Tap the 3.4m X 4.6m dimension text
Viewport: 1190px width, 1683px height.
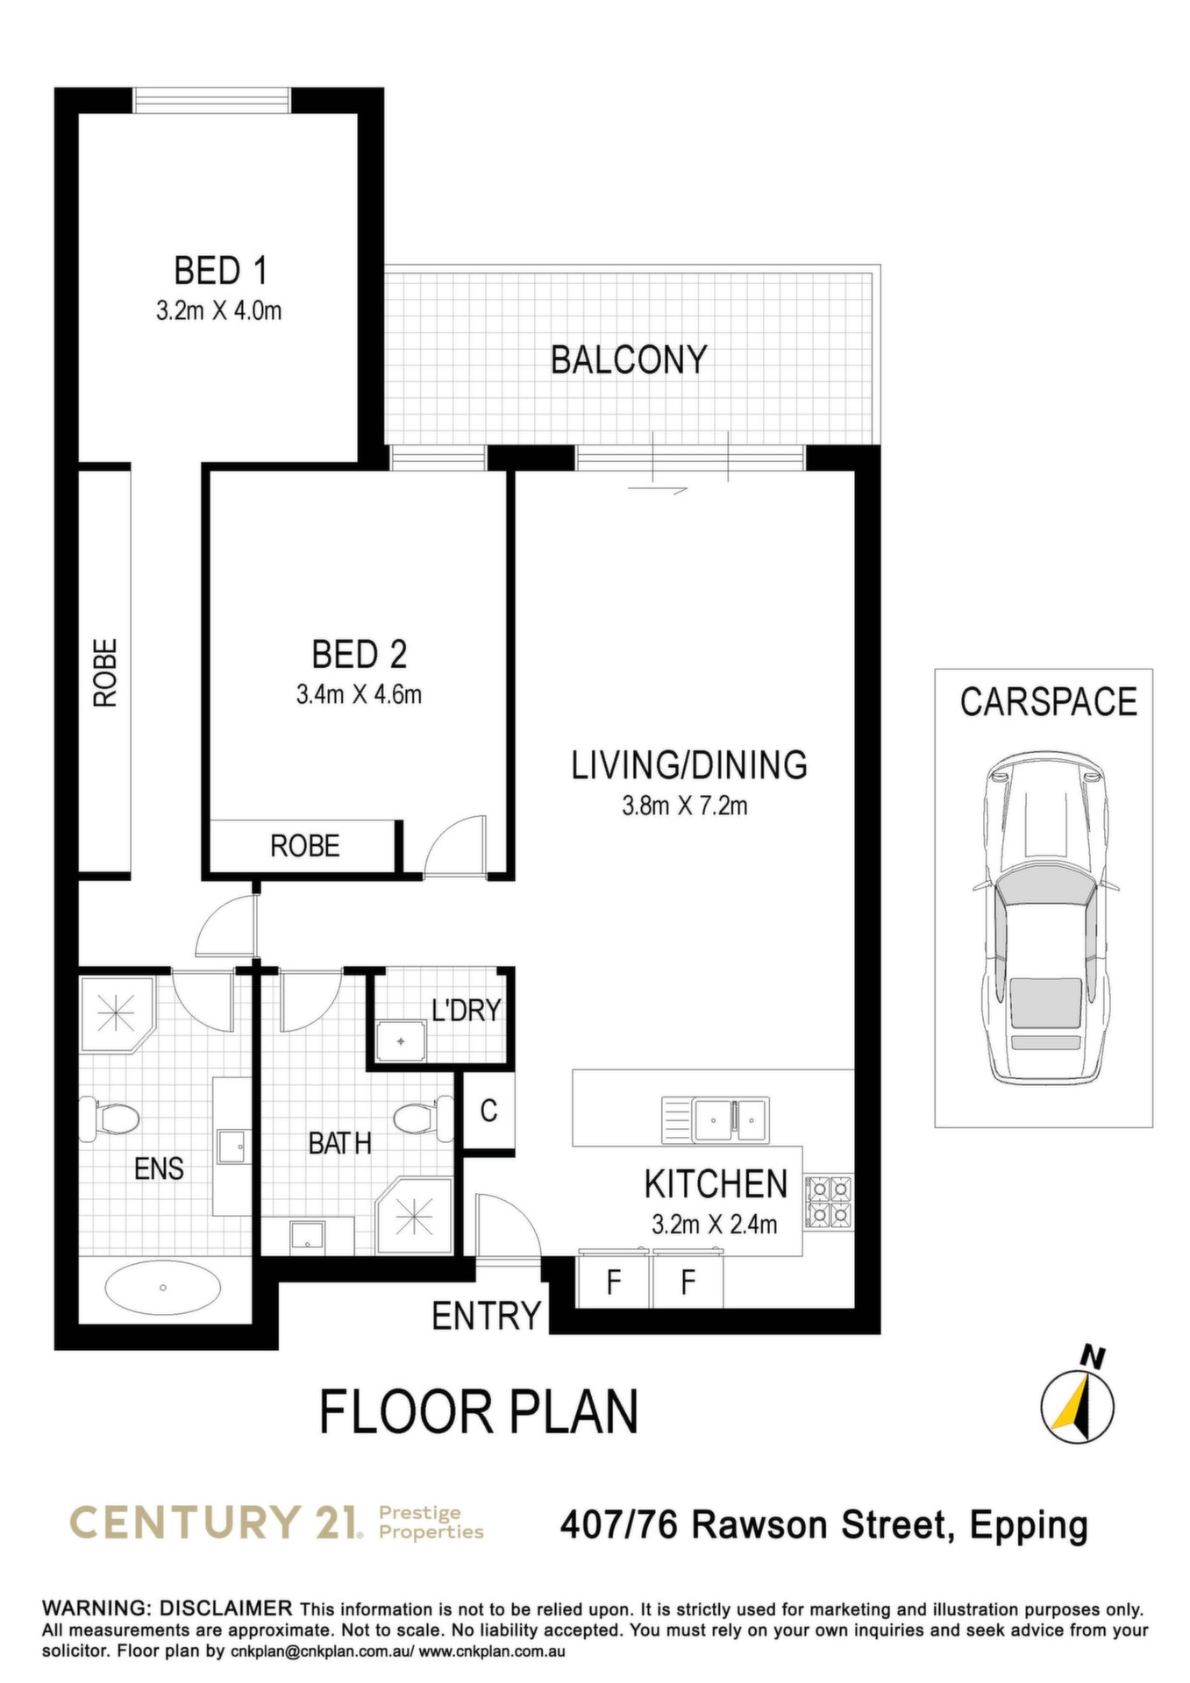(359, 695)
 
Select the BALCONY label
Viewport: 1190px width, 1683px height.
(629, 360)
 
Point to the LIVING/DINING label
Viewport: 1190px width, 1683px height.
(689, 765)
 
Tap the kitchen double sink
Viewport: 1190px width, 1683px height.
(715, 1120)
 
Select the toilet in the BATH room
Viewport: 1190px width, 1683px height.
(423, 1118)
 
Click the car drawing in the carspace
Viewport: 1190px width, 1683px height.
(1044, 917)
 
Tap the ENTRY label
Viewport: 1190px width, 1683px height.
(487, 1316)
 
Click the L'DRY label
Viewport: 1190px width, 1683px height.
(466, 1010)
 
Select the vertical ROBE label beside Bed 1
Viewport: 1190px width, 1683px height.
(105, 672)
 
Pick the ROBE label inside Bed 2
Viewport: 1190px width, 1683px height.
(304, 846)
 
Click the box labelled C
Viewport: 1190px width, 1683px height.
(488, 1111)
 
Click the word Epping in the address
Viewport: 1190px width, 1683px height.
(1030, 1527)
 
